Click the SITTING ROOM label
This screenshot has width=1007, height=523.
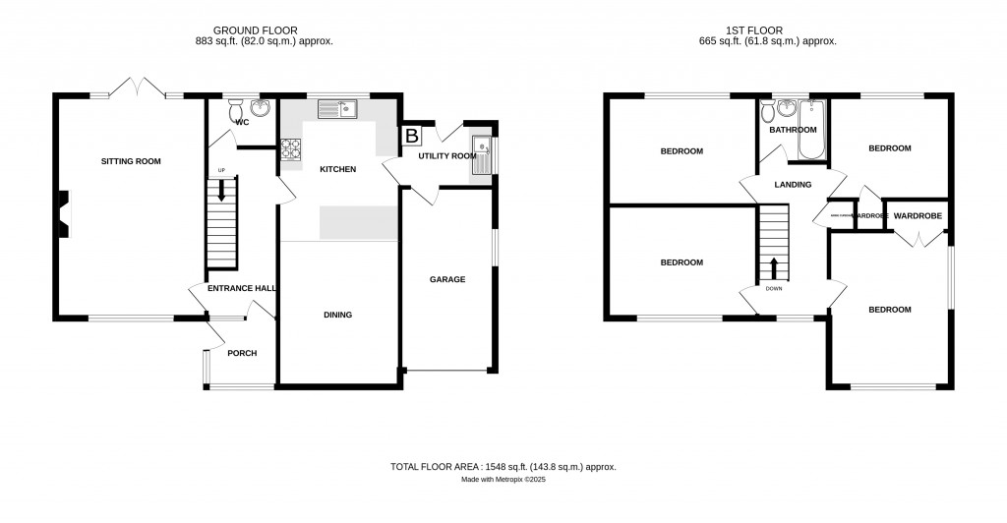[131, 161]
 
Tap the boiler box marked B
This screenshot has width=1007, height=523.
[411, 136]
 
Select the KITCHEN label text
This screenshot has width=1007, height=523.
[337, 169]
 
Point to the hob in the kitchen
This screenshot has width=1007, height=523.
[292, 148]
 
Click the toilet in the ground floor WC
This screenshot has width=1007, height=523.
[236, 112]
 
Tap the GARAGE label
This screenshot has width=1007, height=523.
[447, 279]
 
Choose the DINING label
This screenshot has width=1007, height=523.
[337, 315]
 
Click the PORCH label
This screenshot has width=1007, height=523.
[241, 353]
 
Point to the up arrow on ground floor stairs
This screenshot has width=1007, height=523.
[221, 190]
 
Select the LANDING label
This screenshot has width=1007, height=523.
[793, 184]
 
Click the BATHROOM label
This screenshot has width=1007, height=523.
[793, 130]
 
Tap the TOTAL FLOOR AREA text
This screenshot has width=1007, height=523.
[503, 467]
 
